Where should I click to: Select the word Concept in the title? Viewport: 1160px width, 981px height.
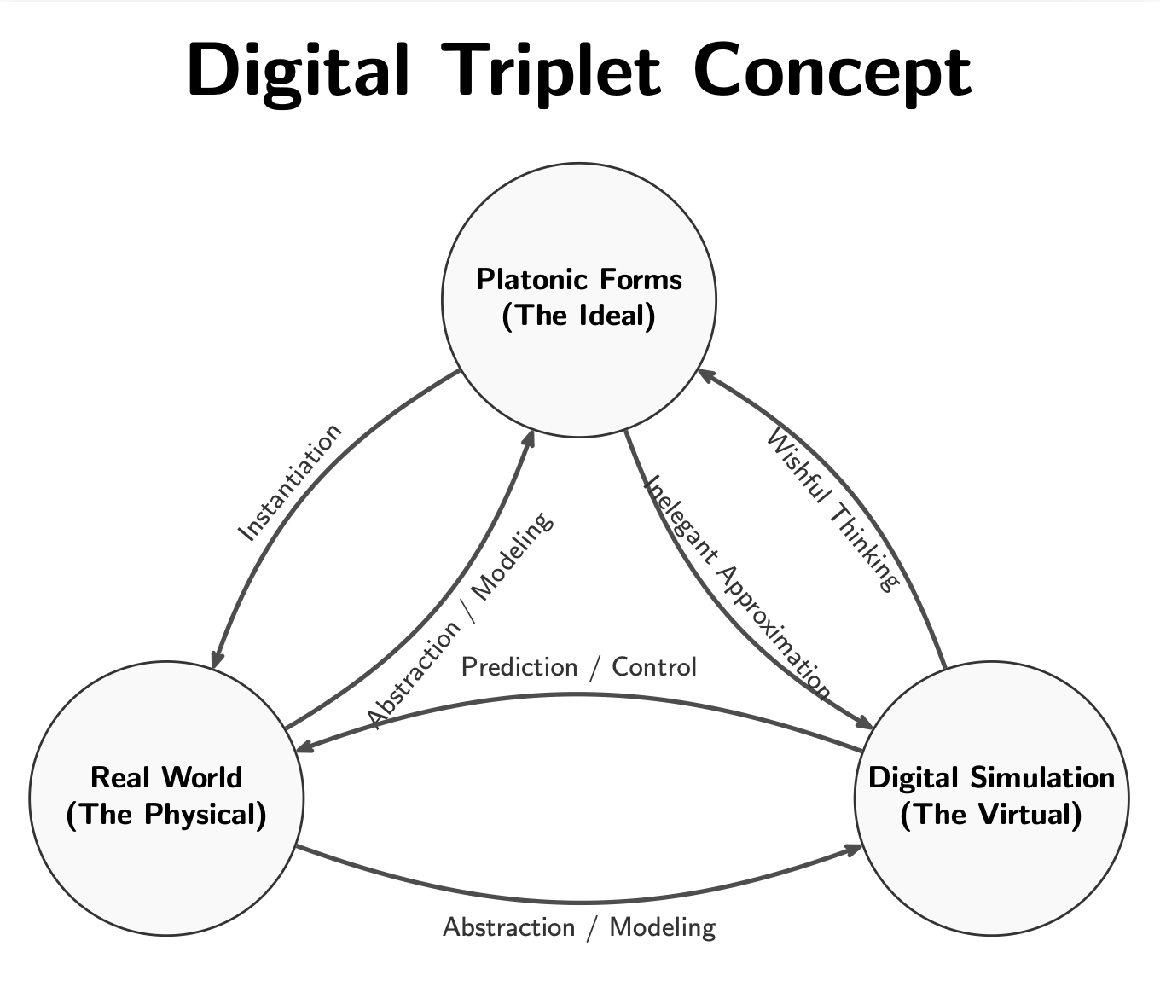[x=832, y=70]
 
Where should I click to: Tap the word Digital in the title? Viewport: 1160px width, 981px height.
[x=298, y=70]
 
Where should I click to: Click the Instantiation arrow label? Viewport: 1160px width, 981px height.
[x=289, y=483]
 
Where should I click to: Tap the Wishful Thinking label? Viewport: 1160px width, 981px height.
[x=832, y=510]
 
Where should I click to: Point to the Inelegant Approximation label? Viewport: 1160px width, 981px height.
[x=736, y=588]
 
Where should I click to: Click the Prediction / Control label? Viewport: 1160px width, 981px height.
[x=579, y=666]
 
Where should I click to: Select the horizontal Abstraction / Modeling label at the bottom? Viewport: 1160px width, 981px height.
[x=579, y=927]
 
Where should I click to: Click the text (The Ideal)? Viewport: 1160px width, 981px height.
[x=579, y=316]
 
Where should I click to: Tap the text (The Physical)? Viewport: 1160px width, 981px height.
[x=166, y=815]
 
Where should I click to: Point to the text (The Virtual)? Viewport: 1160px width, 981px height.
[x=991, y=815]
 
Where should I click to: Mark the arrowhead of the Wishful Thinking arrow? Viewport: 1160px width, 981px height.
[x=705, y=374]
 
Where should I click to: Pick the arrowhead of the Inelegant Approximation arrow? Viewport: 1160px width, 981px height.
[x=865, y=724]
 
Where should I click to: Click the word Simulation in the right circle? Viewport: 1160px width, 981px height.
[x=1041, y=777]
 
